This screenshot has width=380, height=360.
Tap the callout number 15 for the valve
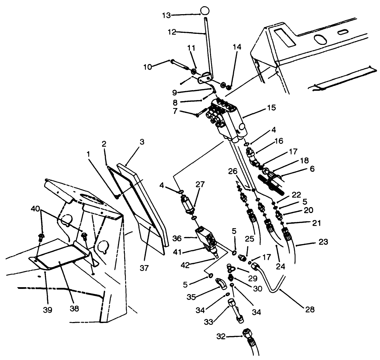click(x=271, y=108)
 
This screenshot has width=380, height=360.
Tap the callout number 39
click(x=48, y=310)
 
